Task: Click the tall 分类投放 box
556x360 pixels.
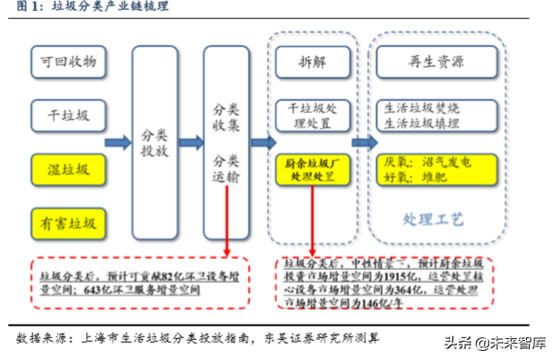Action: pyautogui.click(x=155, y=143)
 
